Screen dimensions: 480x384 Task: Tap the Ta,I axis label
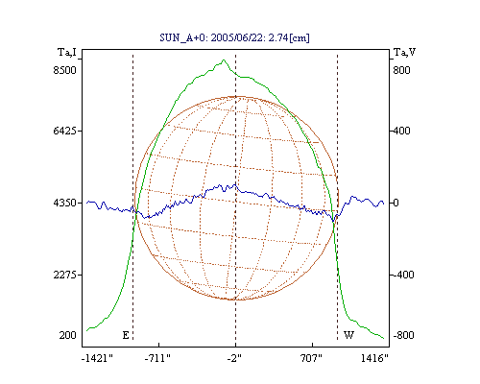pyautogui.click(x=67, y=52)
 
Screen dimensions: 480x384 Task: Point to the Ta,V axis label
pyautogui.click(x=404, y=52)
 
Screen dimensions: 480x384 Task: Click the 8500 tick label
pyautogui.click(x=65, y=70)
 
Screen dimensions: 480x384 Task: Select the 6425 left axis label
pyautogui.click(x=65, y=131)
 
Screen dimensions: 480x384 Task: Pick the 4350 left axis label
pyautogui.click(x=65, y=203)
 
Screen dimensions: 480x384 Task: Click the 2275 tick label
pyautogui.click(x=65, y=275)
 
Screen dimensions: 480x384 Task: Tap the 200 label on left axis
pyautogui.click(x=67, y=335)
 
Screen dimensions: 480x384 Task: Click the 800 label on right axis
pyautogui.click(x=401, y=70)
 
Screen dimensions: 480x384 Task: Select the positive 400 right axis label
pyautogui.click(x=401, y=131)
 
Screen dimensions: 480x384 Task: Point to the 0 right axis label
pyautogui.click(x=396, y=203)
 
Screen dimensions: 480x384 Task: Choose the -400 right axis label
pyautogui.click(x=403, y=275)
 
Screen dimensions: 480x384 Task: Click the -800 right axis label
pyautogui.click(x=403, y=335)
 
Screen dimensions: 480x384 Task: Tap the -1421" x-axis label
pyautogui.click(x=97, y=358)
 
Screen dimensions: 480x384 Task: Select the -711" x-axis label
pyautogui.click(x=157, y=358)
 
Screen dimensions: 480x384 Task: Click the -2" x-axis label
pyautogui.click(x=234, y=358)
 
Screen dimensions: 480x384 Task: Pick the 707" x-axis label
pyautogui.click(x=311, y=358)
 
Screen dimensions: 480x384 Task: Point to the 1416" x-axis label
pyautogui.click(x=374, y=358)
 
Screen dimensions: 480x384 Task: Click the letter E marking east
pyautogui.click(x=126, y=335)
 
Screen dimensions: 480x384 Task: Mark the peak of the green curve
pyautogui.click(x=224, y=60)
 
